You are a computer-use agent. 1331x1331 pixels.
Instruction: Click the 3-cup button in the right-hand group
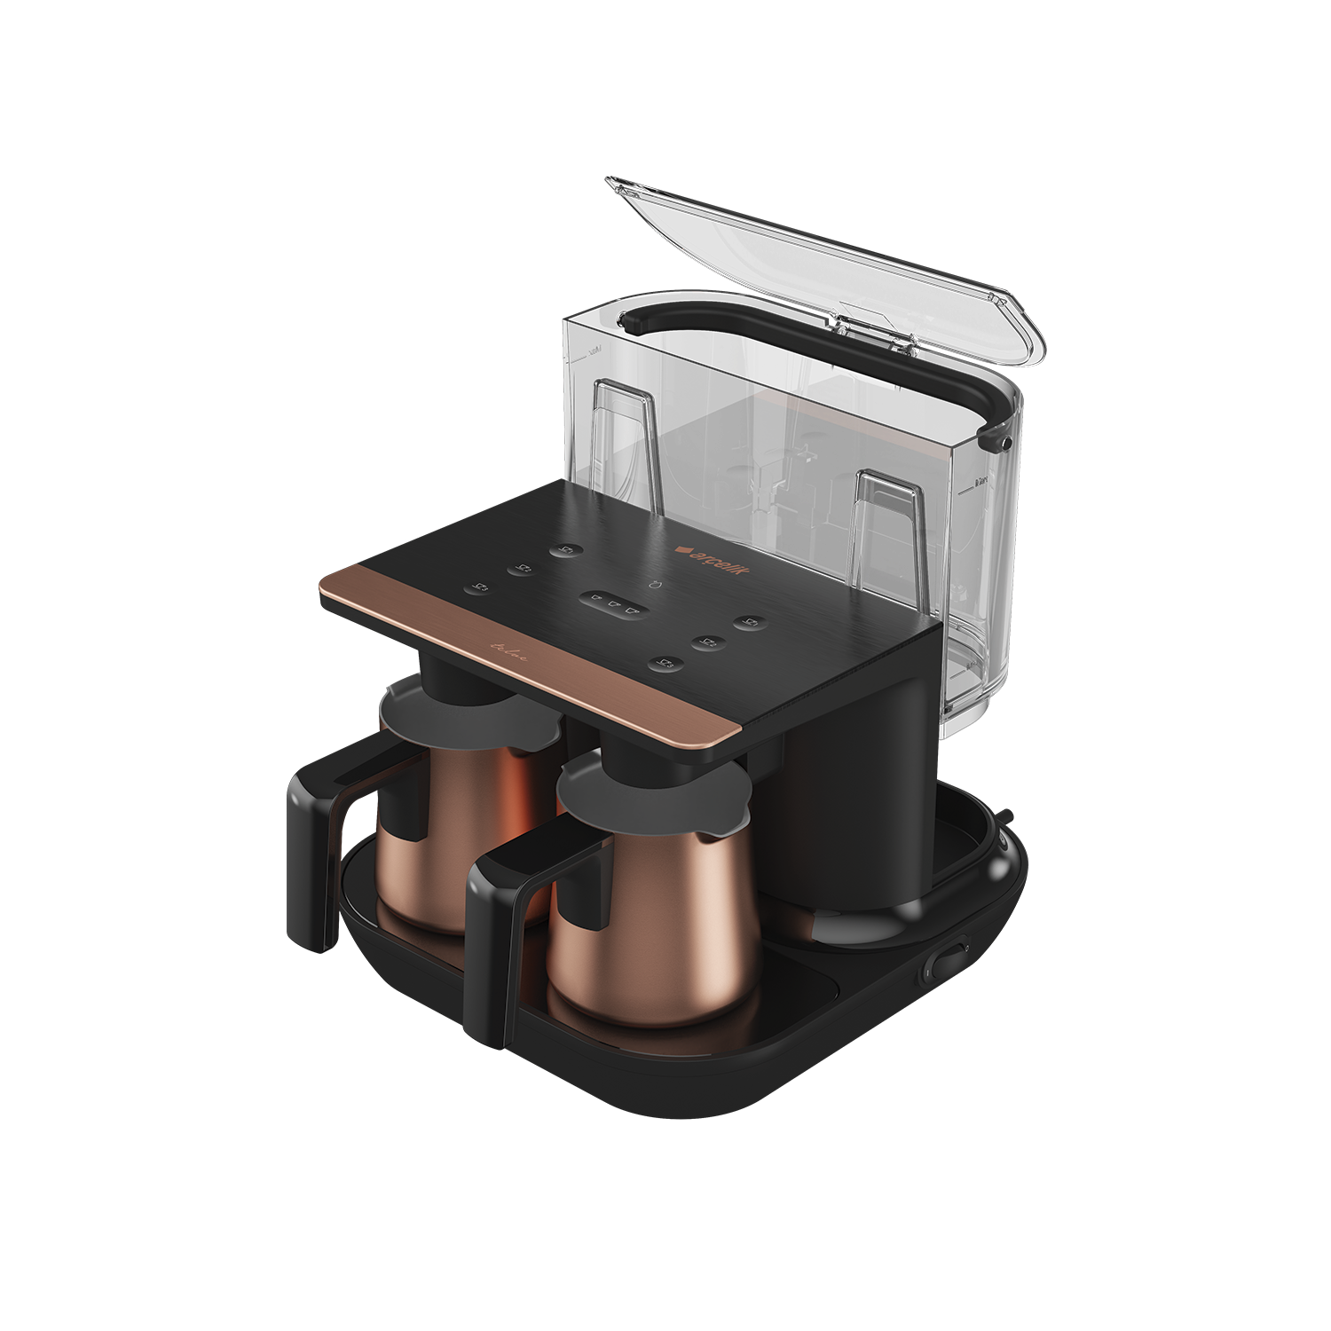[x=665, y=662]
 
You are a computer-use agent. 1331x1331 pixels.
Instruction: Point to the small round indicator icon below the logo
[x=653, y=585]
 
